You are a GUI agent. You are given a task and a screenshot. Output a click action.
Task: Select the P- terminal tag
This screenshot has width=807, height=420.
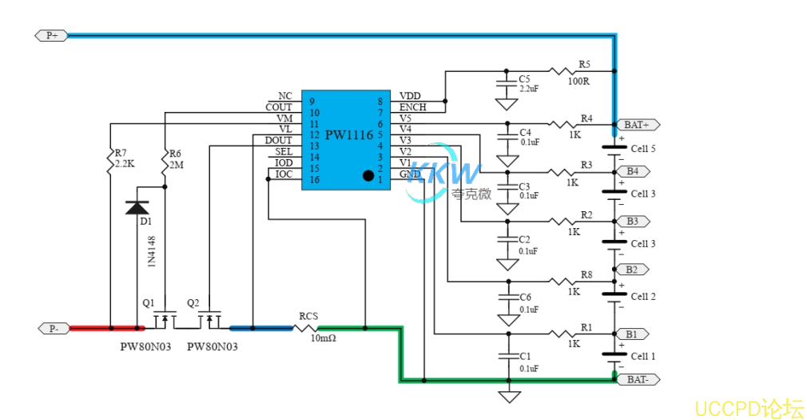click(53, 328)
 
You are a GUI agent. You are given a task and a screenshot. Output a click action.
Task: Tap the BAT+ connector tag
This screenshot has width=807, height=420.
click(637, 125)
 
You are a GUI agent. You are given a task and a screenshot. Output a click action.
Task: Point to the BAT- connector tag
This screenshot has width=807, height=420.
click(637, 379)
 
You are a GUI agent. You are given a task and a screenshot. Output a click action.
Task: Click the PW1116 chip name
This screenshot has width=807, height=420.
click(348, 135)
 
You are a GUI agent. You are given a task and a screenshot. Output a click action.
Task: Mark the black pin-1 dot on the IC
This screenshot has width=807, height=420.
click(368, 174)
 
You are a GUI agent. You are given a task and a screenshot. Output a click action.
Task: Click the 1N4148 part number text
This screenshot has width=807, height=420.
click(151, 250)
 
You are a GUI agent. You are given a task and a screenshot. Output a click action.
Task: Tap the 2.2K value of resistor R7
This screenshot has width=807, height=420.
click(124, 163)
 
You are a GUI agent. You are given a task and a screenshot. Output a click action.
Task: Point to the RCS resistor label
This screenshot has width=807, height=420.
click(308, 316)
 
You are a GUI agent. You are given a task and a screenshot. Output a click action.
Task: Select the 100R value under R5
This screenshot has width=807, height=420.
click(578, 81)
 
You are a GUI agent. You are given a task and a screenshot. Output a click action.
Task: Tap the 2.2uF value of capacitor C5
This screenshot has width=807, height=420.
click(529, 89)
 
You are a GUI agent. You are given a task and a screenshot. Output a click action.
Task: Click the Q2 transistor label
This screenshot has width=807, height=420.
click(193, 303)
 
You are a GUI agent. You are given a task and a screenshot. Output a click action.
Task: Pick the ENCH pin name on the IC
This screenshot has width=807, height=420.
click(412, 107)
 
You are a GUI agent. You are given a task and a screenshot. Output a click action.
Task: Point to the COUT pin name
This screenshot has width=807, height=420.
click(279, 107)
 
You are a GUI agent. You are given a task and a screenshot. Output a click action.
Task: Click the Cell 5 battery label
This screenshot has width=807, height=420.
click(643, 149)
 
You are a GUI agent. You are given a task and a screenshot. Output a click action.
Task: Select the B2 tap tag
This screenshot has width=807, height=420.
click(631, 270)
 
